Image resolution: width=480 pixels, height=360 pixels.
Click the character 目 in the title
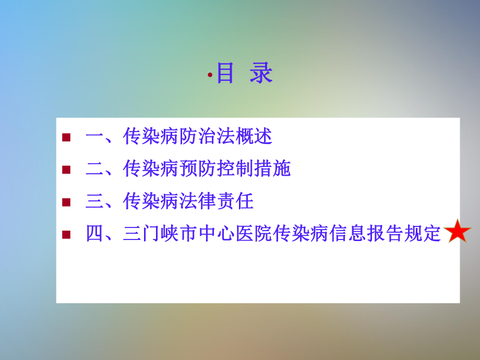pos(225,74)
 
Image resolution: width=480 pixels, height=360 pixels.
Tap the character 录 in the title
pos(261,74)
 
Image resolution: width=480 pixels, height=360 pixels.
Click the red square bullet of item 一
pos(66,138)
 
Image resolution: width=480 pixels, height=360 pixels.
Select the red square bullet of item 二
pos(66,170)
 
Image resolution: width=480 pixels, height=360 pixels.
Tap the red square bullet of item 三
pos(66,202)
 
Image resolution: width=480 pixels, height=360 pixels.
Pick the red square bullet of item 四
pos(66,234)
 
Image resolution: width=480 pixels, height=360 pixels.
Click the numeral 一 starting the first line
pos(94,138)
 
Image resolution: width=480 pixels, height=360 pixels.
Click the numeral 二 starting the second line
pos(94,170)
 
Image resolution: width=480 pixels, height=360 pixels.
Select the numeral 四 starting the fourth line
pos(94,234)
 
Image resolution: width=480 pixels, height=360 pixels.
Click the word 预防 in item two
pos(197,169)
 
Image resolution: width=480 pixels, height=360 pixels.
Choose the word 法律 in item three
pos(197,201)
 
